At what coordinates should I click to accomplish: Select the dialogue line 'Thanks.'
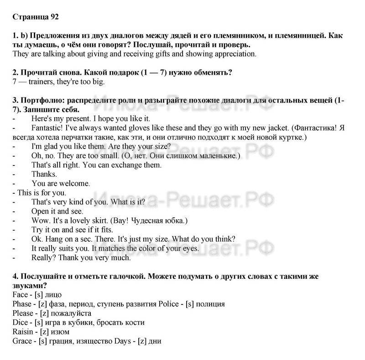(44, 174)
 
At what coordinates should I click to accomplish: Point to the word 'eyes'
(190, 248)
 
